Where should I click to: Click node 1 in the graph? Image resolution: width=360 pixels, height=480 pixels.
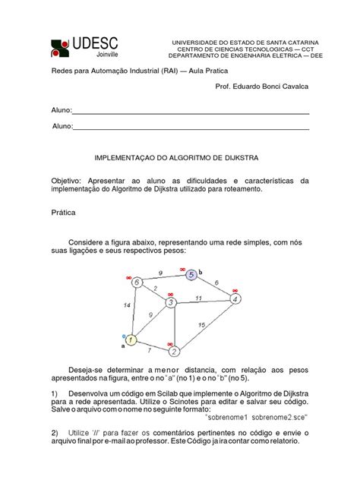click(x=131, y=340)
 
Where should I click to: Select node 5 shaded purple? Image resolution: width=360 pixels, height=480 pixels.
click(x=192, y=274)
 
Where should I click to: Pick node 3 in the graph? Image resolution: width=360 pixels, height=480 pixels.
click(x=172, y=304)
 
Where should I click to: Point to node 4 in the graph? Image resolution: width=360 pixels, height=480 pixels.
click(x=235, y=299)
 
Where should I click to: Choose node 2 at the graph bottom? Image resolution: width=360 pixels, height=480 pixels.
click(x=175, y=352)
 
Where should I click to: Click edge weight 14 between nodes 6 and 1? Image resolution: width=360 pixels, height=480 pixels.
click(x=126, y=305)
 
